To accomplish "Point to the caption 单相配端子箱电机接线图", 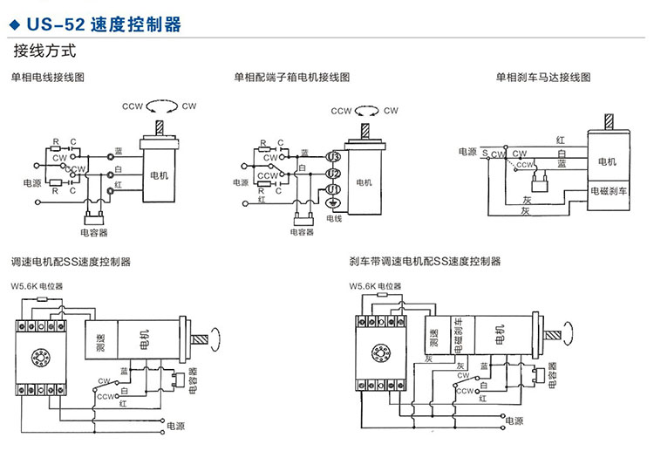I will tap(292, 78).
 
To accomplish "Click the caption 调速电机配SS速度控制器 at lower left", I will tap(70, 261).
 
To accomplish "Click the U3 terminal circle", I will tap(333, 156).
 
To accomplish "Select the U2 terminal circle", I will tap(333, 173).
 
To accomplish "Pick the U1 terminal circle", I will tap(333, 189).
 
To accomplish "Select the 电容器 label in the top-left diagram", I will tap(93, 233).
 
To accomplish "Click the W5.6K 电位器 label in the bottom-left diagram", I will tap(37, 286).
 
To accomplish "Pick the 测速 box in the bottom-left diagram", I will tap(100, 341).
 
